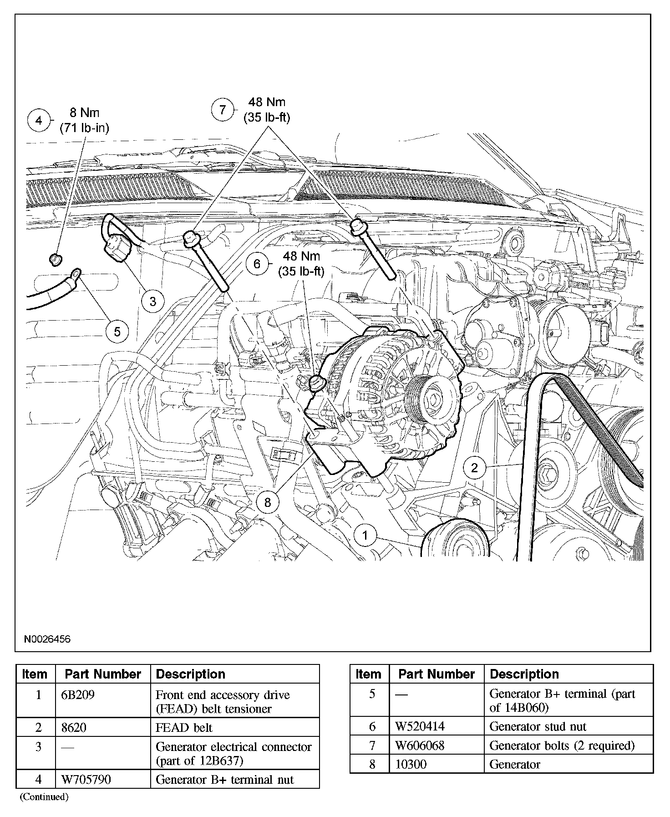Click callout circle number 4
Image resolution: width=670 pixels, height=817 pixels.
tap(39, 121)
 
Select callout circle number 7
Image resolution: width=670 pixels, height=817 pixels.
tap(223, 110)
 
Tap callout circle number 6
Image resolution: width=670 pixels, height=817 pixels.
tap(257, 264)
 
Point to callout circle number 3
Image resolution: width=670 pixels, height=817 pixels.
tap(152, 301)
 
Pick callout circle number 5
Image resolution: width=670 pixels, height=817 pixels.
tap(117, 332)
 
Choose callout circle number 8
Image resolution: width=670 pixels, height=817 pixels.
tap(267, 502)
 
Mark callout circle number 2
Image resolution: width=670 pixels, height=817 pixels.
tap(474, 468)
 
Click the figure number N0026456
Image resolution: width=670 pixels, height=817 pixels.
tap(47, 639)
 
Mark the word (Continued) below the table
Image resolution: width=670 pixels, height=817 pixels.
tap(43, 797)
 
